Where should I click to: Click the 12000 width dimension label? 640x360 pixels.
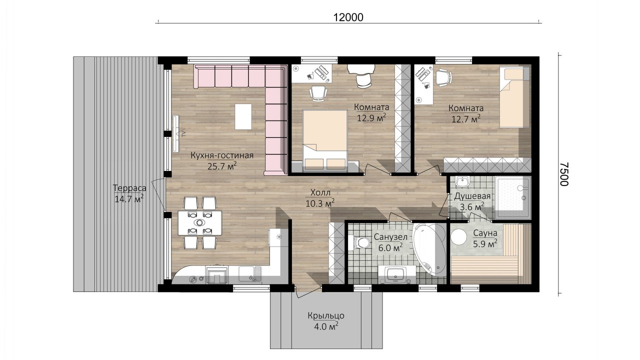click(348, 17)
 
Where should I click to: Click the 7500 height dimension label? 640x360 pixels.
click(564, 174)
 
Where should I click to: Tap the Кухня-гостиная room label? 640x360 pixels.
click(222, 155)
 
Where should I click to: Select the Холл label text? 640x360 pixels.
click(320, 193)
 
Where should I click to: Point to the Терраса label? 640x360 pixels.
click(129, 188)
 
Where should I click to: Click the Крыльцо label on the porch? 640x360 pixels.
click(326, 316)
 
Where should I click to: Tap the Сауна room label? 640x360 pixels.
click(485, 233)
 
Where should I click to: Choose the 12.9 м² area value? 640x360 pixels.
click(371, 117)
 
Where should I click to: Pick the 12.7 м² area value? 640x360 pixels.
click(465, 119)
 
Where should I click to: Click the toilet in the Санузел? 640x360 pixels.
click(360, 242)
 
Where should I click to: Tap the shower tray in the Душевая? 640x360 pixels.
click(513, 197)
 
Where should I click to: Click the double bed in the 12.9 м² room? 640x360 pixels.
click(325, 141)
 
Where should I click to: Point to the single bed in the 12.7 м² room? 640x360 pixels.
click(514, 97)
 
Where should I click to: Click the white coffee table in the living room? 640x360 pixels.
click(243, 116)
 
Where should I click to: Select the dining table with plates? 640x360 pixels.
click(199, 222)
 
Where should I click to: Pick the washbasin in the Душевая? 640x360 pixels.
click(461, 181)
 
